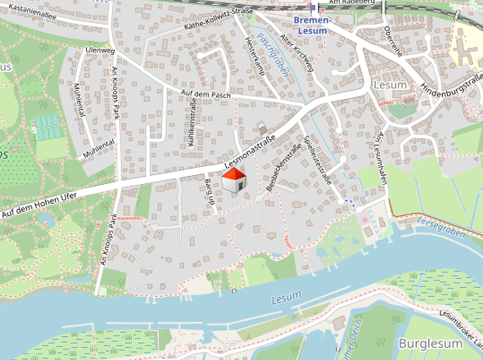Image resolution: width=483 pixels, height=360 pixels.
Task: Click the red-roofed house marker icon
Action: tap(234, 181)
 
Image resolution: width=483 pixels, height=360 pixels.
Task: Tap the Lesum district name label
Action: tap(385, 83)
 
